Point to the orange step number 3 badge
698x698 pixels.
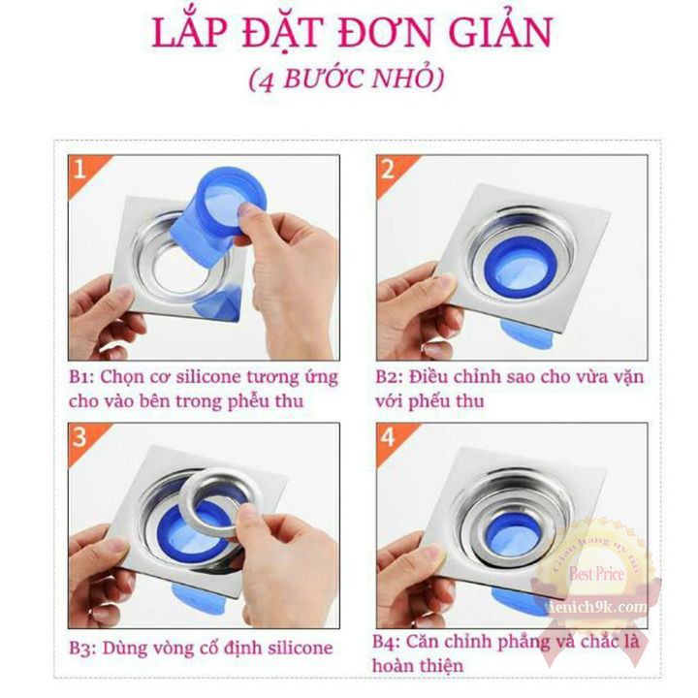79,437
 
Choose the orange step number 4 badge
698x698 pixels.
388,437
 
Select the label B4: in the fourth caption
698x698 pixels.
392,642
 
